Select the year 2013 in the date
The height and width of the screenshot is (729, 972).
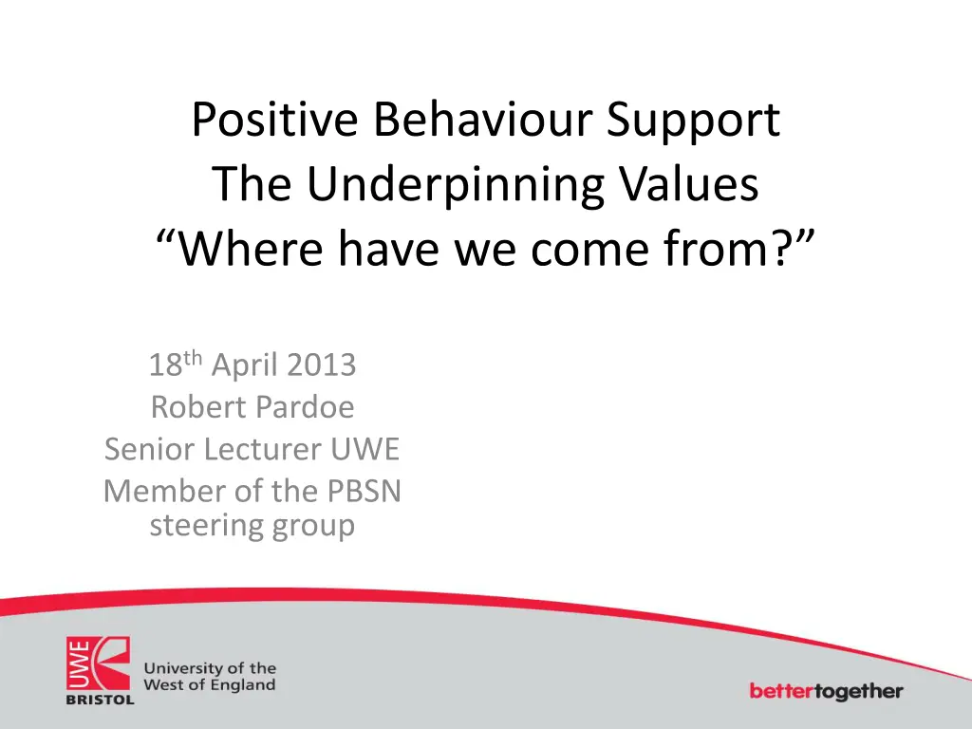coord(321,364)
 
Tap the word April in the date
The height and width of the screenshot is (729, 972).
coord(244,365)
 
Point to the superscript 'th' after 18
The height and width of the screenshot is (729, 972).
coord(193,358)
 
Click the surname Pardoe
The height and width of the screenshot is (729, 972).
coord(305,407)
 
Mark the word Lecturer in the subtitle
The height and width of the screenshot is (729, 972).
coord(262,449)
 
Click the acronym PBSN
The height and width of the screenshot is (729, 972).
coord(364,491)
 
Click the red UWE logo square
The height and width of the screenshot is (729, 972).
coord(98,664)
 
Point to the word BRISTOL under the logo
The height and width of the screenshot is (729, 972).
coord(100,700)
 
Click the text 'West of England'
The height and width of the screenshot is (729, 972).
coord(210,685)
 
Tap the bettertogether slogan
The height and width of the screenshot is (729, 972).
coord(827,691)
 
